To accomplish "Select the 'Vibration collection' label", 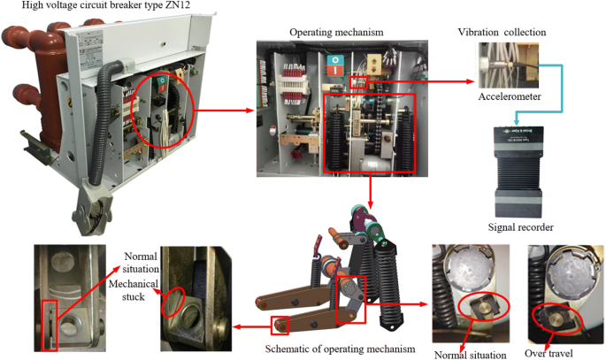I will pyautogui.click(x=501, y=32).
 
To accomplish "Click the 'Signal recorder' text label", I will pyautogui.click(x=520, y=227).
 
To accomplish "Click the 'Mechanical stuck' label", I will pyautogui.click(x=129, y=285).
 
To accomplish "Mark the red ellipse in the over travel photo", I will pyautogui.click(x=552, y=320).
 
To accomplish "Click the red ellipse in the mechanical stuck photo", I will pyautogui.click(x=174, y=300).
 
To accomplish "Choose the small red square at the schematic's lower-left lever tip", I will pyautogui.click(x=281, y=324).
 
